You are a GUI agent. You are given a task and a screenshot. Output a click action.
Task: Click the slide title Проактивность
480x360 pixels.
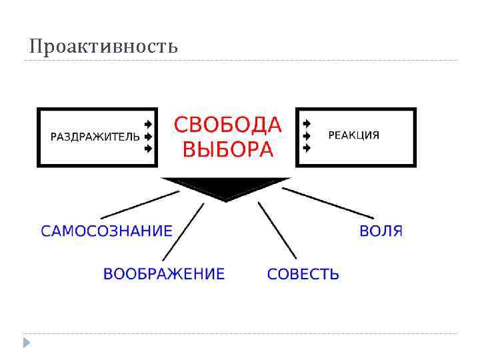pos(103,47)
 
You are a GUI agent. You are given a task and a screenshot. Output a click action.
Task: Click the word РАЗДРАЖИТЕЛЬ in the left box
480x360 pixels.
pos(95,137)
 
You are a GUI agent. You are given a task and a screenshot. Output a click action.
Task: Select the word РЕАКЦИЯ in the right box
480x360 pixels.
pos(354,135)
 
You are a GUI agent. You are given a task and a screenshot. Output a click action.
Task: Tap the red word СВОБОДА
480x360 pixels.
pos(228,125)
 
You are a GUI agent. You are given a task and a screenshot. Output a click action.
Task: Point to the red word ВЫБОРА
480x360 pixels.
pos(228,149)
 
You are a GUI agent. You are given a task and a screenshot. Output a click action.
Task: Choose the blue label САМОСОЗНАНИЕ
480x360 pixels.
pos(107,231)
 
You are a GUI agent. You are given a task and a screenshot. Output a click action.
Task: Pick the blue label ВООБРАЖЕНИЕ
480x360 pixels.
pos(164,274)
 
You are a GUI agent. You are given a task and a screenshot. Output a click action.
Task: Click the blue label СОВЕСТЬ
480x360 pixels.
pos(303,274)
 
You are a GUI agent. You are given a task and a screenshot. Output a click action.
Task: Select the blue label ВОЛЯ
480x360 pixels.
pos(381,231)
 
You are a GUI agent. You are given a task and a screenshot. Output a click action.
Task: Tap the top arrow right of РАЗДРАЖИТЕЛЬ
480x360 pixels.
pos(148,124)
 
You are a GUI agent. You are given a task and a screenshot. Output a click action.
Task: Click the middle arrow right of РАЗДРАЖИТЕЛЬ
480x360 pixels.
pos(148,136)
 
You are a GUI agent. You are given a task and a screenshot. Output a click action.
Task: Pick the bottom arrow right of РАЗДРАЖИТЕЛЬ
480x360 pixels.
pos(148,148)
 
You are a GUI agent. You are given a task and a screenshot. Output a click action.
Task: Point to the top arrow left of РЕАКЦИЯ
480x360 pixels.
pos(306,124)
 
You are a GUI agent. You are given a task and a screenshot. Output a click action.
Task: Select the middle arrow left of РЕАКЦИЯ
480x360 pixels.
pos(306,136)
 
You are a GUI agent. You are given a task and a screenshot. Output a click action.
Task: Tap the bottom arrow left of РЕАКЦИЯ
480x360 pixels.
pos(306,148)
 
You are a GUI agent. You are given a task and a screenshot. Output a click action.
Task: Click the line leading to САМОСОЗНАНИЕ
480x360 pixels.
pos(140,205)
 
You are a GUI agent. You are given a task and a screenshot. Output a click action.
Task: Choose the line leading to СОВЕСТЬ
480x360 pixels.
pos(277,231)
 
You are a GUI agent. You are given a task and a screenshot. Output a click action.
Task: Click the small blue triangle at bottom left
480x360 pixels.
pos(27,343)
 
